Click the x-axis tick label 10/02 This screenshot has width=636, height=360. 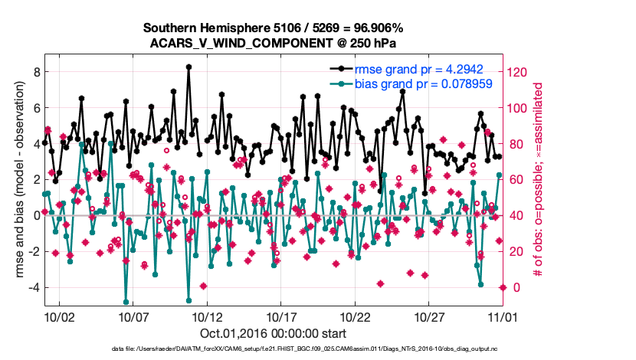pyautogui.click(x=59, y=316)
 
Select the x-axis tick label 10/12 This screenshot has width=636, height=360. pyautogui.click(x=207, y=316)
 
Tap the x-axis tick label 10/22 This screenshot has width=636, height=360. pyautogui.click(x=356, y=316)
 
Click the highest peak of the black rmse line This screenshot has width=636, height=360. pyautogui.click(x=189, y=67)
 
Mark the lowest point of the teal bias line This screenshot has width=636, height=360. pyautogui.click(x=126, y=302)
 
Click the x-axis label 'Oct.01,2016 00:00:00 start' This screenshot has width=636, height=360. pyautogui.click(x=274, y=333)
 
